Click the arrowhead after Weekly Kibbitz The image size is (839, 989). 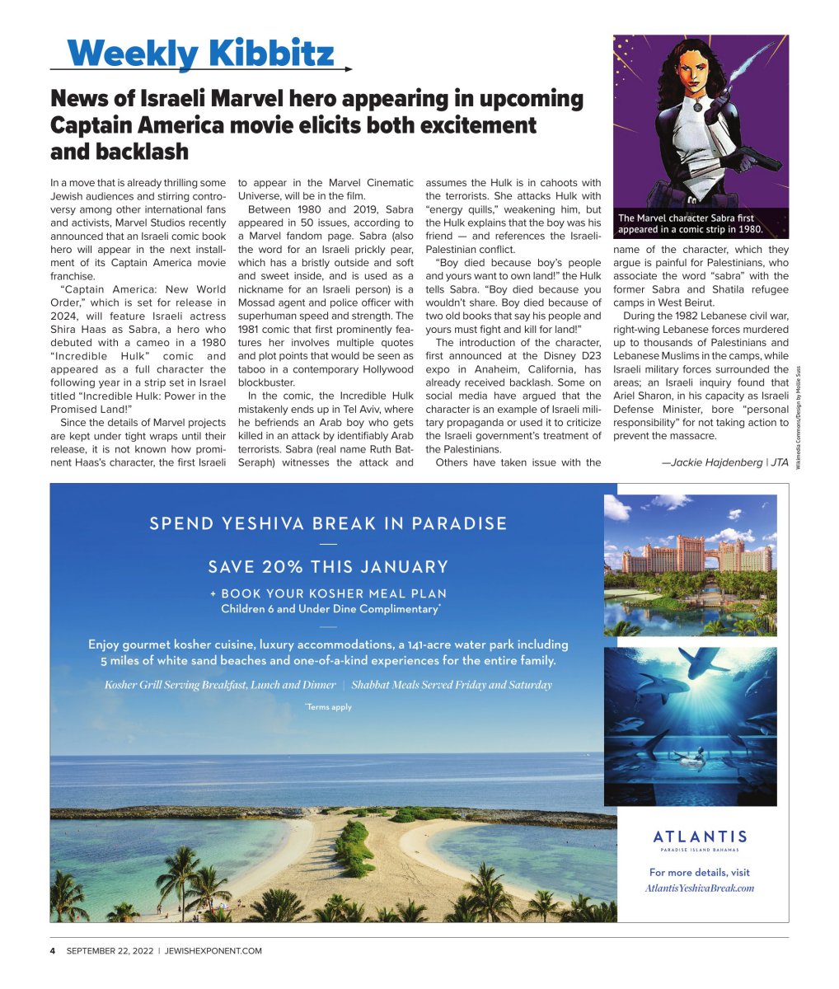click(x=348, y=70)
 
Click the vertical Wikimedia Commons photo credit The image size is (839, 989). click(x=798, y=415)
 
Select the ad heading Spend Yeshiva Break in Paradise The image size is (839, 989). click(x=328, y=523)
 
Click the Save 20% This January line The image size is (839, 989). click(x=328, y=567)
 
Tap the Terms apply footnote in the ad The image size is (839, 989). click(x=328, y=706)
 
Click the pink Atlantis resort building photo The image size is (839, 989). click(x=690, y=565)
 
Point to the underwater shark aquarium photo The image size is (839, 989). click(x=690, y=725)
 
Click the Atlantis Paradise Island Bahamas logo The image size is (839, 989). click(x=700, y=840)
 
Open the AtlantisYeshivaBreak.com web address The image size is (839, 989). click(x=700, y=888)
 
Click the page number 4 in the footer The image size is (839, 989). click(x=52, y=950)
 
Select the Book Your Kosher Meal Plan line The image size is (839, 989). click(x=328, y=593)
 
